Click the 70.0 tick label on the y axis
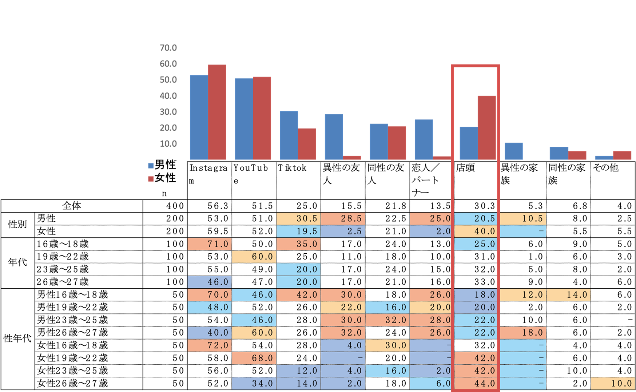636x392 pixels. (x=168, y=48)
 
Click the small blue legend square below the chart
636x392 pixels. (x=151, y=167)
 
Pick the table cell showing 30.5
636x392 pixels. (x=298, y=218)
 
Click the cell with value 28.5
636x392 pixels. (x=343, y=218)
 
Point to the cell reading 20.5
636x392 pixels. (x=476, y=218)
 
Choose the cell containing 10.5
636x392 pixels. (x=523, y=218)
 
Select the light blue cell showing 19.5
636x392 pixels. (x=298, y=231)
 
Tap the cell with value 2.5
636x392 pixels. (x=343, y=231)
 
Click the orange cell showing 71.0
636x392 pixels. (x=210, y=244)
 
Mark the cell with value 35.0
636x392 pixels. (x=298, y=244)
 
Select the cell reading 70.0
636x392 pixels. (x=210, y=294)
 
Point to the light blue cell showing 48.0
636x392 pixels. (x=210, y=307)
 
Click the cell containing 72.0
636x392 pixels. (x=210, y=345)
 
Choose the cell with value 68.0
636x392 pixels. (x=254, y=358)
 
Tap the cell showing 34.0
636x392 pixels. (x=254, y=383)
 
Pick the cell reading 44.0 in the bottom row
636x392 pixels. (x=476, y=383)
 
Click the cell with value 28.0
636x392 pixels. (x=432, y=320)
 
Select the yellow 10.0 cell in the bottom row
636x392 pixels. (x=613, y=383)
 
